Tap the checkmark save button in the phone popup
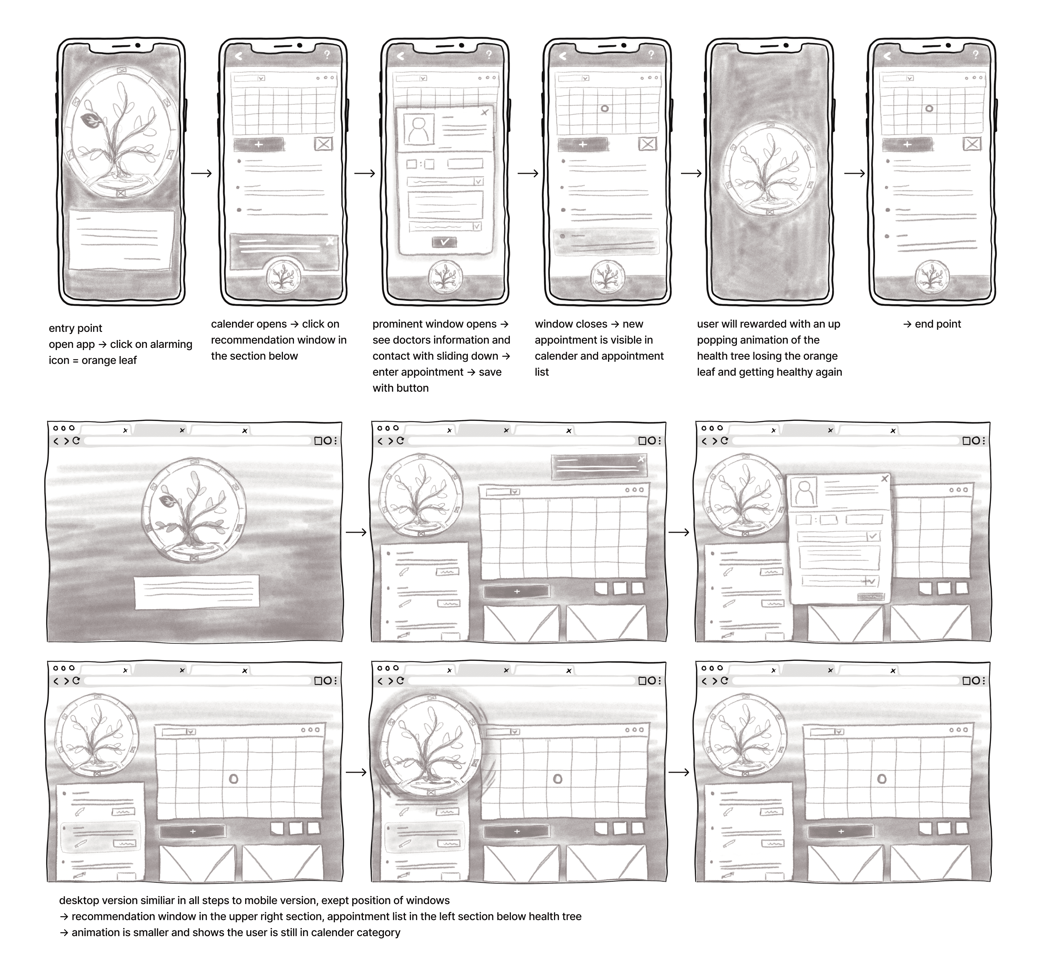pyautogui.click(x=444, y=242)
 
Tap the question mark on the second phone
pyautogui.click(x=327, y=54)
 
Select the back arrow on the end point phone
pyautogui.click(x=887, y=56)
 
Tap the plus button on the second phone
pyautogui.click(x=258, y=144)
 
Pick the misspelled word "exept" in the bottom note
pyautogui.click(x=336, y=900)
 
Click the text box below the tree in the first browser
pyautogui.click(x=196, y=592)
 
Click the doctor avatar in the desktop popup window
pyautogui.click(x=803, y=491)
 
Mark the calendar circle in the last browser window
pyautogui.click(x=882, y=779)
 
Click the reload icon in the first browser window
pyautogui.click(x=76, y=441)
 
